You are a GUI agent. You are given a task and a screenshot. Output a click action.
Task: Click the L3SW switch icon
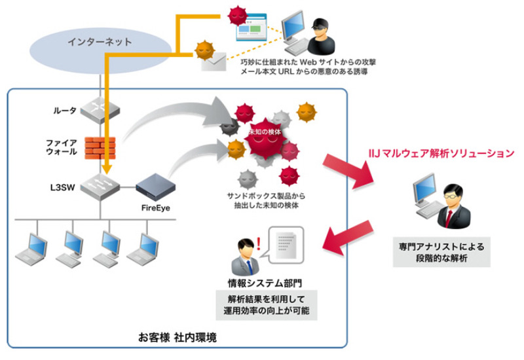pyautogui.click(x=100, y=186)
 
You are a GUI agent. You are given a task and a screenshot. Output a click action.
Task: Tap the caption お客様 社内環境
pyautogui.click(x=177, y=338)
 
